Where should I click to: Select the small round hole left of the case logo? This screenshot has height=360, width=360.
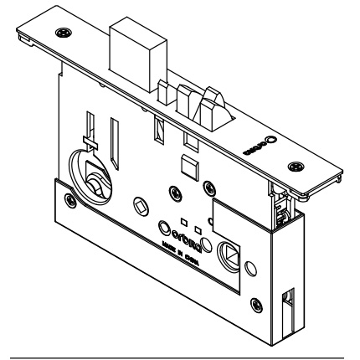tap(164, 225)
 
